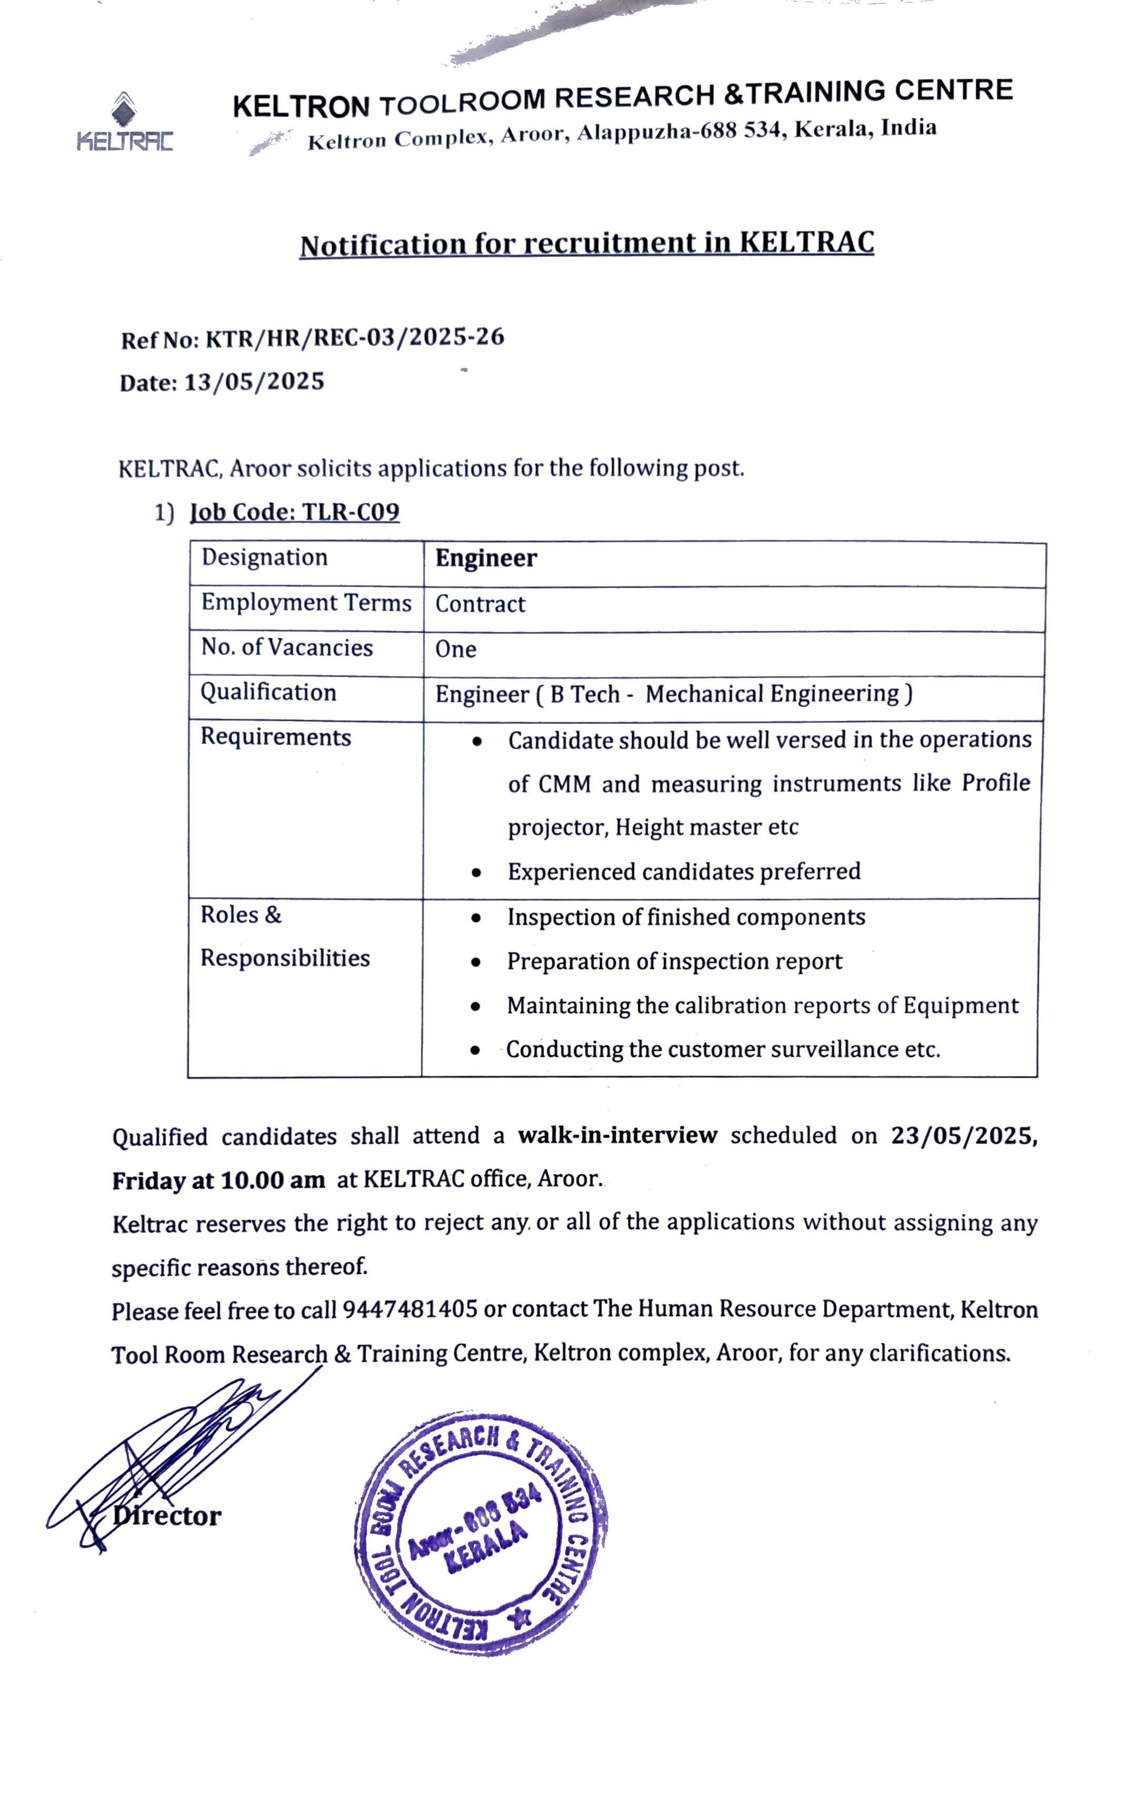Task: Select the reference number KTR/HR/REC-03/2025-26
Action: coord(354,338)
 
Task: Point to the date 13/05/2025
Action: coord(254,382)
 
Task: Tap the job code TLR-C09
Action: coord(350,512)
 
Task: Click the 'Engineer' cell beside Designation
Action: coord(486,558)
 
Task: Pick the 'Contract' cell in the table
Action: coord(480,604)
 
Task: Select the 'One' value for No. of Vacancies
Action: coord(455,649)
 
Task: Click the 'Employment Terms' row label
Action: coord(306,603)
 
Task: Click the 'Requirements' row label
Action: coord(275,737)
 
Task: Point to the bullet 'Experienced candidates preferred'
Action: coord(683,872)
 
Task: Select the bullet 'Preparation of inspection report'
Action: coord(674,961)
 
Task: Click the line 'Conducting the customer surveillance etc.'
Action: coord(722,1049)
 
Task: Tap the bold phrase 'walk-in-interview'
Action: coord(617,1135)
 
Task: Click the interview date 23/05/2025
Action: coord(963,1135)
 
